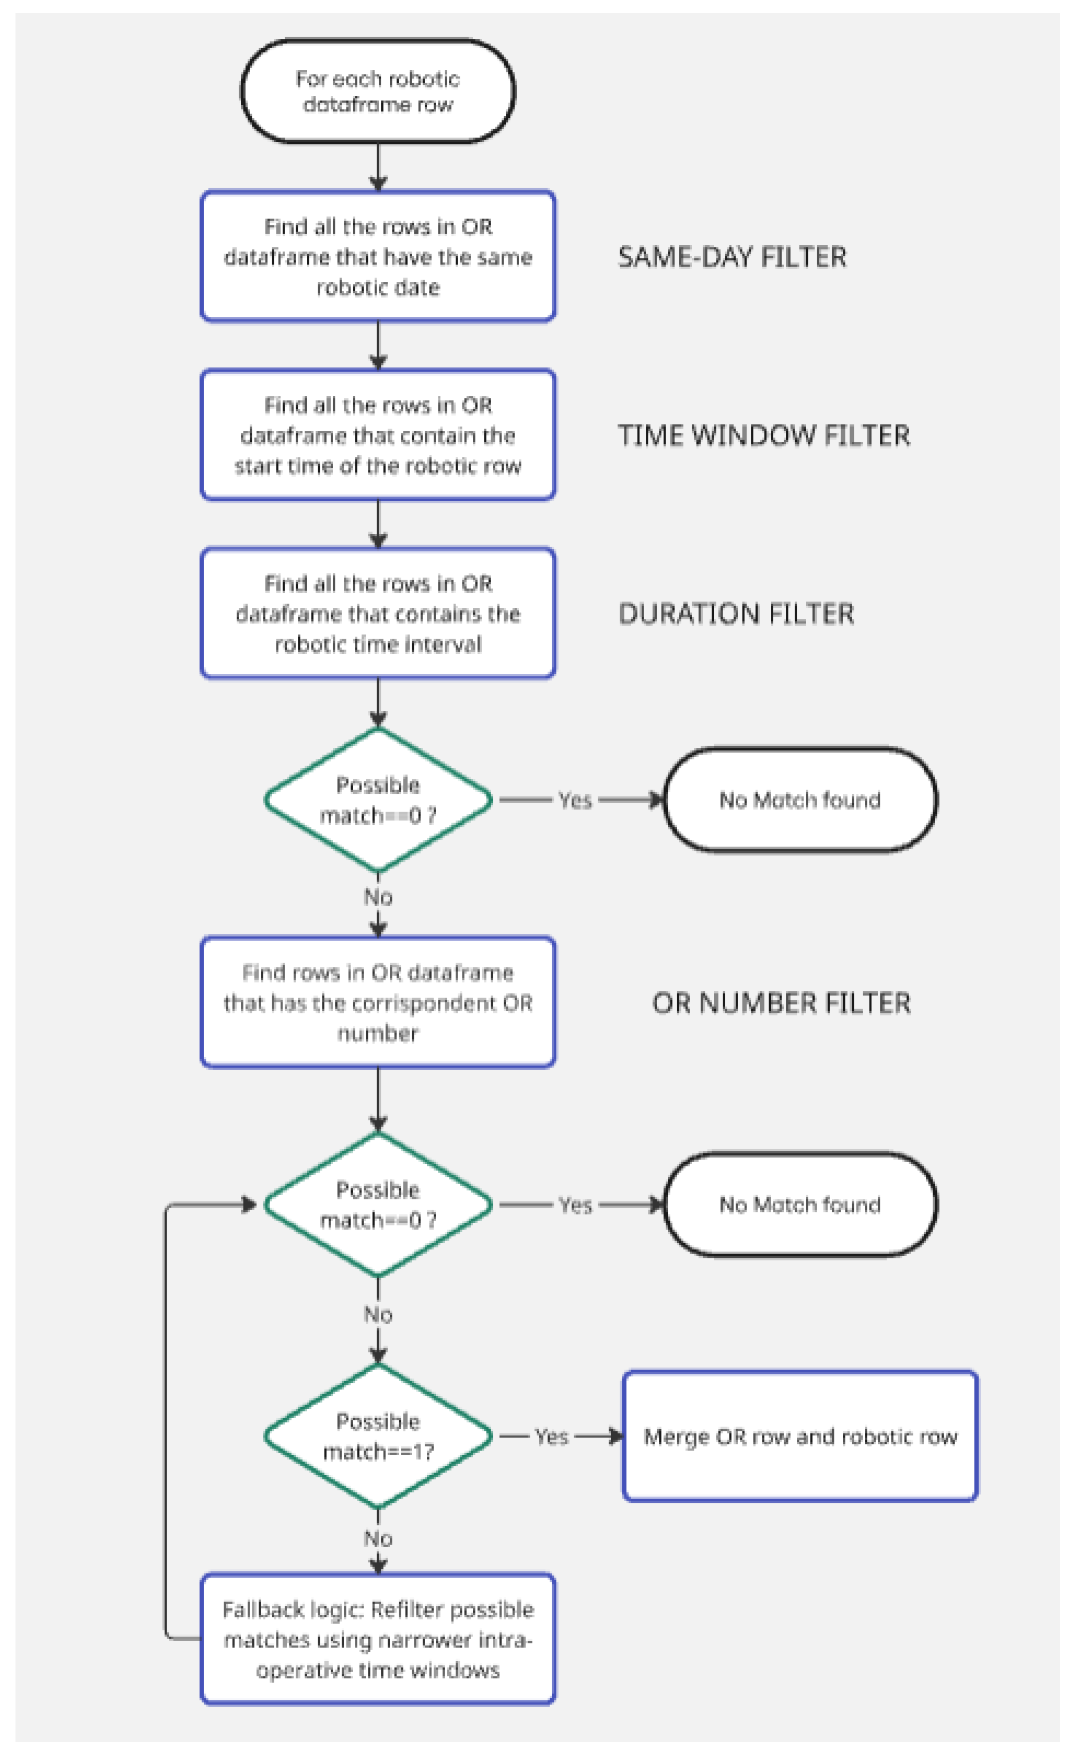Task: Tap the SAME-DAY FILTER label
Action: click(731, 257)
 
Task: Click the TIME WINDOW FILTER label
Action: click(763, 435)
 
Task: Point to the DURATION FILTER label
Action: click(735, 613)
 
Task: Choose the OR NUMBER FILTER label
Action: click(781, 1003)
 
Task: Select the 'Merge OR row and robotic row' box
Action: click(800, 1436)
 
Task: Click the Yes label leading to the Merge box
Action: click(551, 1436)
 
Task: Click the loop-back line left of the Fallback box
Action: click(165, 1427)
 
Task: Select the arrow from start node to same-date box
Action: click(378, 166)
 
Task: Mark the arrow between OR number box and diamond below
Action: click(378, 1099)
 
